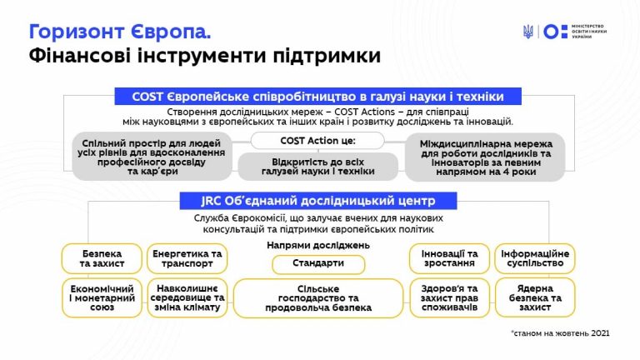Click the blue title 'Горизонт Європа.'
pyautogui.click(x=120, y=32)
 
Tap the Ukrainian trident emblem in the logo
pyautogui.click(x=528, y=32)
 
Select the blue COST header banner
pyautogui.click(x=318, y=97)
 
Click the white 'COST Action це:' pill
pyautogui.click(x=317, y=140)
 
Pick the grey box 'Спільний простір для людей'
pyautogui.click(x=152, y=157)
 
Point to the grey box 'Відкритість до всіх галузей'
pyautogui.click(x=318, y=167)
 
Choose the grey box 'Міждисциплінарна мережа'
pyautogui.click(x=485, y=157)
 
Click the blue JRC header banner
pyautogui.click(x=318, y=201)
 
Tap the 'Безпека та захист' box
pyautogui.click(x=102, y=258)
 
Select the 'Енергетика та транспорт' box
pyautogui.click(x=187, y=258)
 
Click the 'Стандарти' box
pyautogui.click(x=318, y=264)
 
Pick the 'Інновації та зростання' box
pyautogui.click(x=449, y=258)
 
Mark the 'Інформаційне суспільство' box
pyautogui.click(x=535, y=258)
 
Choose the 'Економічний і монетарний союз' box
pyautogui.click(x=102, y=298)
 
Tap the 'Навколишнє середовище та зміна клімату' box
pyautogui.click(x=187, y=298)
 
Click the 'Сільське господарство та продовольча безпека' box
pyautogui.click(x=318, y=298)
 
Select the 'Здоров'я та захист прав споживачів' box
pyautogui.click(x=449, y=298)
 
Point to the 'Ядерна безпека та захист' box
pyautogui.click(x=535, y=298)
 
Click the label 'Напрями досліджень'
pyautogui.click(x=318, y=245)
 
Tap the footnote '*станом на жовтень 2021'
pyautogui.click(x=560, y=333)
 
